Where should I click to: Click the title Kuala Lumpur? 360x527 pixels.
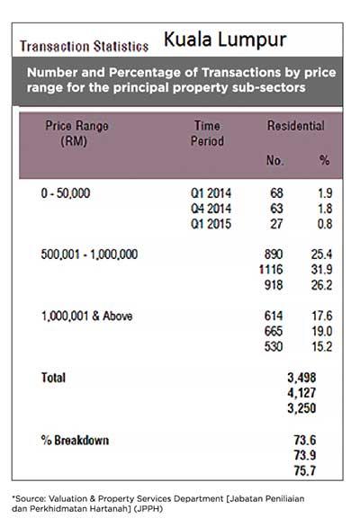225,40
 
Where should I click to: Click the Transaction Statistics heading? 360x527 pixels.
84,47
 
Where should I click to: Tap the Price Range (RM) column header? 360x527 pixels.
77,133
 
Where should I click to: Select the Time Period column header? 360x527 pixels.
207,133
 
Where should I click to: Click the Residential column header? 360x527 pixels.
296,126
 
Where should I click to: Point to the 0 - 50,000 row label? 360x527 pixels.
66,193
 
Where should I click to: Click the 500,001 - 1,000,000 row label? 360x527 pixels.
89,255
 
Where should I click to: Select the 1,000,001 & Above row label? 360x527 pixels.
86,317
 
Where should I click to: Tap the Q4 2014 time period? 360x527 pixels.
211,209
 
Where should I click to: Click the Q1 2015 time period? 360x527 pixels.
211,224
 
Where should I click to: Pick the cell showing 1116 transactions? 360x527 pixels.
271,270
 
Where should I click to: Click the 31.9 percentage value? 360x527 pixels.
321,270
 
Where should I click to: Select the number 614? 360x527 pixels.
274,317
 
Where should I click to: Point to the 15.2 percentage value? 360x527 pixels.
322,347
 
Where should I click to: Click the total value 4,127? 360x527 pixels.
301,393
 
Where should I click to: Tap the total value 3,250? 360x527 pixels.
301,408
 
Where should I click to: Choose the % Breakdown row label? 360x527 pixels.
75,441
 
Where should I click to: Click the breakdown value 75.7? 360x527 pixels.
305,471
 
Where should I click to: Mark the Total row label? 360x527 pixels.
53,378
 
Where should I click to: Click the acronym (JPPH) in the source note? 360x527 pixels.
148,508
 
